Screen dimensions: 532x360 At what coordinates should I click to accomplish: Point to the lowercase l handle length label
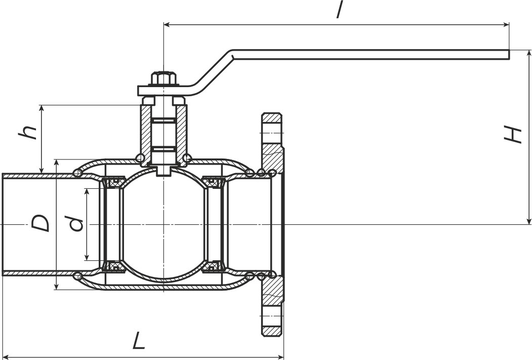point(339,10)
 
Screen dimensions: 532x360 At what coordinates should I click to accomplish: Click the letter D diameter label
point(40,223)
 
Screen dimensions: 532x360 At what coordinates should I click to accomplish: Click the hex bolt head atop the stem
point(163,78)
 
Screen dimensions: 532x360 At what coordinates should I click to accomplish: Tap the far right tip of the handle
point(509,55)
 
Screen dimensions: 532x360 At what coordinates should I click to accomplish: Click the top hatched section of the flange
point(272,142)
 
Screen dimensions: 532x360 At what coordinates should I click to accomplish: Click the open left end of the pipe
point(3,224)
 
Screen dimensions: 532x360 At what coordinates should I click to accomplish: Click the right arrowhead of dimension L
point(280,356)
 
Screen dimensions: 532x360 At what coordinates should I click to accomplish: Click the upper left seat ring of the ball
point(113,182)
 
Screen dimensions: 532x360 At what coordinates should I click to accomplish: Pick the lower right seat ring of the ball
point(214,267)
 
